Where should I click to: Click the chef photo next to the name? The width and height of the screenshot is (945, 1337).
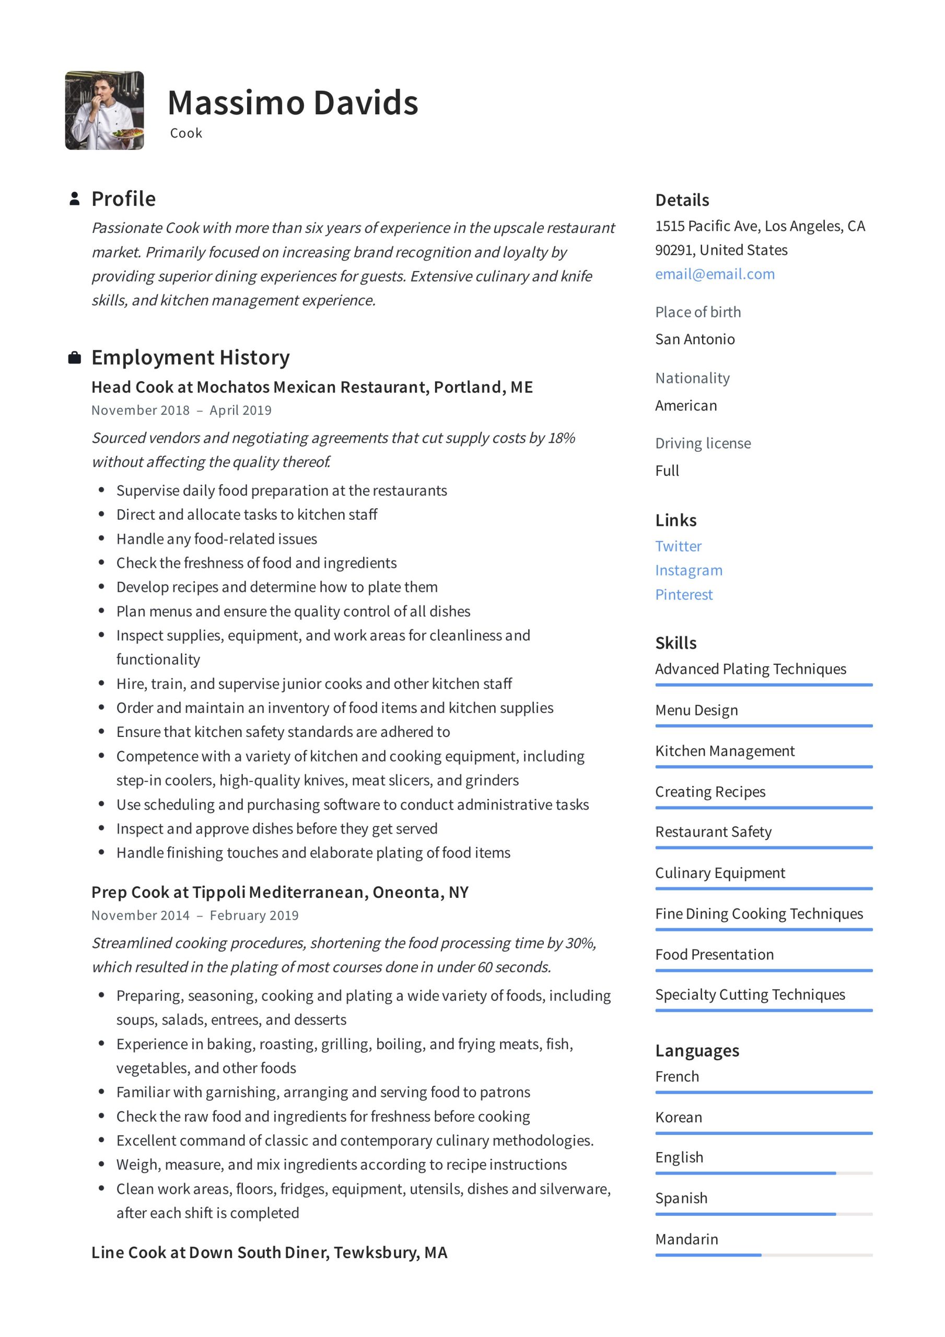click(x=104, y=111)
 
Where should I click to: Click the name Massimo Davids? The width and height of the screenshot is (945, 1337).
click(x=293, y=103)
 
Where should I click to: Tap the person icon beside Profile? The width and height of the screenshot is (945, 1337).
click(x=75, y=198)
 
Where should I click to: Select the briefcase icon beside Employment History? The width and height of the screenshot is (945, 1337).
click(x=75, y=358)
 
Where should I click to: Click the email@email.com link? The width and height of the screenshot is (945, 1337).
click(x=714, y=274)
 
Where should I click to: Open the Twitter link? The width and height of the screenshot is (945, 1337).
click(x=678, y=546)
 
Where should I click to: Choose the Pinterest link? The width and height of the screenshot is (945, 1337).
click(x=683, y=594)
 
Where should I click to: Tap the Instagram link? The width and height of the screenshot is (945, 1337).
click(x=688, y=570)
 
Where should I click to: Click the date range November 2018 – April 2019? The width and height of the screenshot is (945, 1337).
click(x=181, y=411)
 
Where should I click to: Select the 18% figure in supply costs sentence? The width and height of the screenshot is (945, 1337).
click(x=561, y=438)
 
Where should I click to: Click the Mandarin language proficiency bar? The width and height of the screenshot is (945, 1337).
click(x=763, y=1255)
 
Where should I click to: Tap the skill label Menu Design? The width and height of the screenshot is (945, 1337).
click(x=696, y=710)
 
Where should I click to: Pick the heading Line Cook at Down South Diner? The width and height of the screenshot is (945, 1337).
click(x=269, y=1252)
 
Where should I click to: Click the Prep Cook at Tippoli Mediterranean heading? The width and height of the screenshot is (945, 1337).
click(x=279, y=893)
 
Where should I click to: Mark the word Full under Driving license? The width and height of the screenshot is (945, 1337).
click(x=667, y=471)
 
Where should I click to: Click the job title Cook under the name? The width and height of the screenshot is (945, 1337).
click(x=186, y=133)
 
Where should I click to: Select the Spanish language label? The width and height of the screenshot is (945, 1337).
click(x=681, y=1199)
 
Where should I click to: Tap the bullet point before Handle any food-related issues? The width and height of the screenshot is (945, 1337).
click(x=101, y=538)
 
